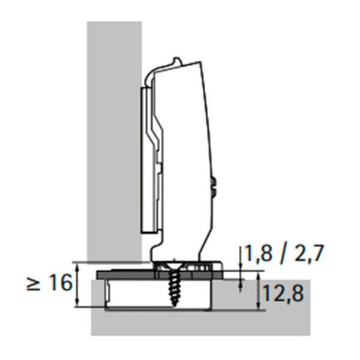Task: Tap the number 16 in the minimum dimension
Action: pos(61,283)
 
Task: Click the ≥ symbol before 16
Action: pos(34,283)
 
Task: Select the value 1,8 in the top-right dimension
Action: pos(258,253)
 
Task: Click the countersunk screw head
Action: pos(175,267)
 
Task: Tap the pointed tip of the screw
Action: pos(175,305)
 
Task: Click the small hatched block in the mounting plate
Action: pos(202,275)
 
